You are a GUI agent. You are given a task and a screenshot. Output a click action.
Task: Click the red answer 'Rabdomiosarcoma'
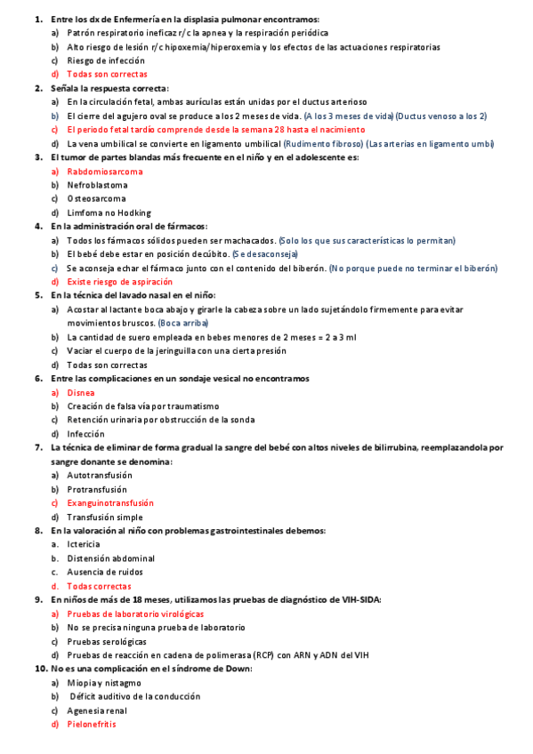click(x=104, y=171)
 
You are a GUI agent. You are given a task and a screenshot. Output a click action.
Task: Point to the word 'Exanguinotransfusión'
click(x=110, y=502)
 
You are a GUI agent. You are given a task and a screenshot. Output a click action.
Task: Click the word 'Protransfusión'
click(x=97, y=489)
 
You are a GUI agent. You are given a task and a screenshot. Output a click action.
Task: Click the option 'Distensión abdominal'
click(x=110, y=557)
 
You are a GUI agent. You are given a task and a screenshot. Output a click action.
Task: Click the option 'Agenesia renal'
click(x=97, y=710)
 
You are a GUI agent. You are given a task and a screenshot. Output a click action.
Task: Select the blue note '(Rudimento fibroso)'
click(x=332, y=143)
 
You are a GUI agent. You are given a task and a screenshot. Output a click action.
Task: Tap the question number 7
click(x=38, y=447)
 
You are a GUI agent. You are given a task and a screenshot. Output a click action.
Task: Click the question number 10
click(x=41, y=669)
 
